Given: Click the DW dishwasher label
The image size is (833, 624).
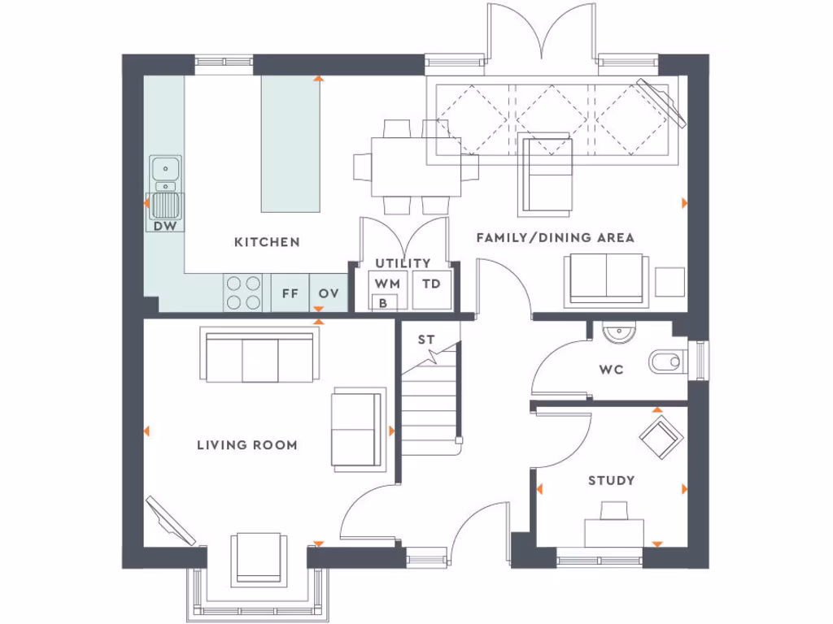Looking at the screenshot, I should [x=165, y=227].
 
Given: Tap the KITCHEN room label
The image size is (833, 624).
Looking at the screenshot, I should [x=267, y=242].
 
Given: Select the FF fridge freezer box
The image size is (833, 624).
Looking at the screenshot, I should [x=290, y=294].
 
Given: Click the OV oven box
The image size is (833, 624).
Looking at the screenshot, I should [x=328, y=294].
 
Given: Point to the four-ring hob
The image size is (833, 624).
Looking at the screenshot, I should [x=244, y=292].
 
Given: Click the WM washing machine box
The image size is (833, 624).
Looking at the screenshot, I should [x=387, y=284].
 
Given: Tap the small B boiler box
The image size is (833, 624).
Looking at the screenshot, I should [x=383, y=303].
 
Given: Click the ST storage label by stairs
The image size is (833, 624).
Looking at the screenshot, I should [x=426, y=340].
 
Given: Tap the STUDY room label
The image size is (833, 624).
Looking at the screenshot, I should [x=611, y=481].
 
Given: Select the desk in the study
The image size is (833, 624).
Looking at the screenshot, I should [x=614, y=532].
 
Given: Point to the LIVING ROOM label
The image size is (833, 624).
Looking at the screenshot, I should [x=246, y=445].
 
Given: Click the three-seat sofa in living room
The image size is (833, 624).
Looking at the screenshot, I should [x=260, y=356].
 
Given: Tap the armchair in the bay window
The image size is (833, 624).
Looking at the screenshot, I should [x=257, y=559].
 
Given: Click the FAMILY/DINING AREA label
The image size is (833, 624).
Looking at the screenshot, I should [x=555, y=238].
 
